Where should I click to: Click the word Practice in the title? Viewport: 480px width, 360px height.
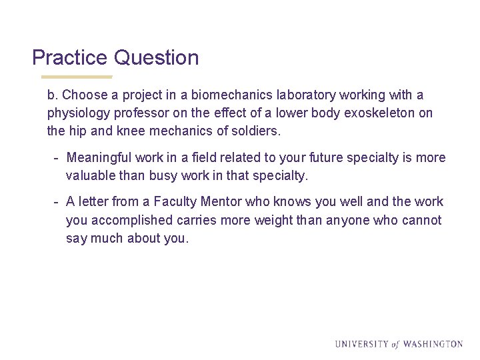tap(69, 58)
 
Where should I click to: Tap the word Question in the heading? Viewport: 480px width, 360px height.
tap(156, 58)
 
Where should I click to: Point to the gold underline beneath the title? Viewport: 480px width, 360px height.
tap(73, 77)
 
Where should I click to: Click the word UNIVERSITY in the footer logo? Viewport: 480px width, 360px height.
tap(361, 344)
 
